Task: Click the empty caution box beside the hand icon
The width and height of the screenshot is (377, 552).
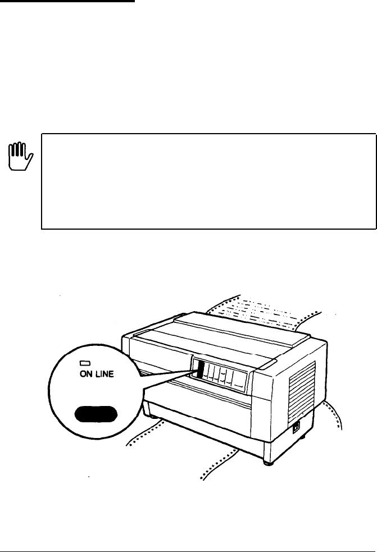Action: tap(208, 181)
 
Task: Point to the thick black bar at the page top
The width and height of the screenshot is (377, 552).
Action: tap(67, 1)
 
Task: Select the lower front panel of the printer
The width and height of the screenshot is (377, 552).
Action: tap(208, 432)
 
